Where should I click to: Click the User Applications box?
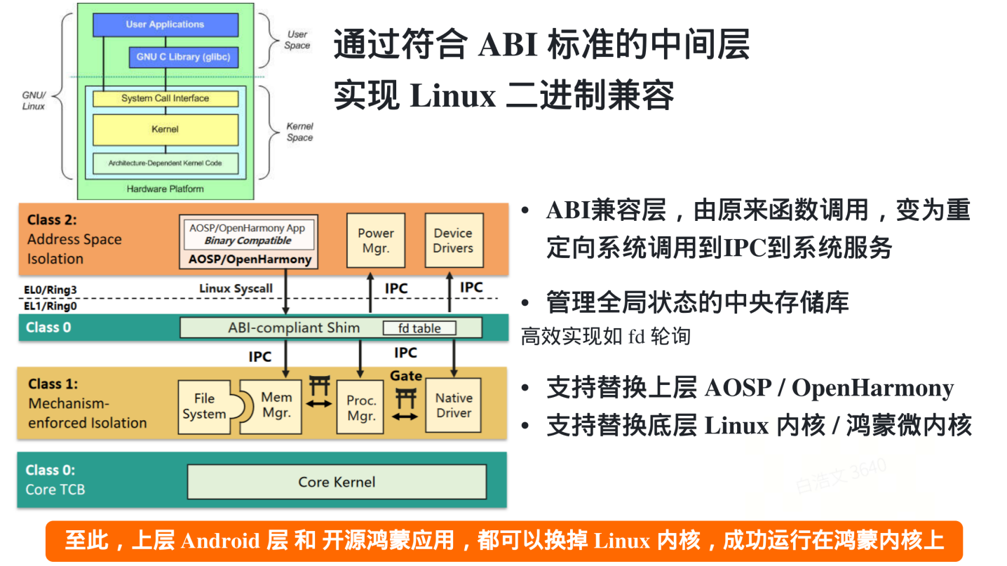click(x=165, y=25)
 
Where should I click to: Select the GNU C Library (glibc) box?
click(x=183, y=57)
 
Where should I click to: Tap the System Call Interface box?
click(x=165, y=98)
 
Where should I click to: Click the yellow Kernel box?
click(x=165, y=129)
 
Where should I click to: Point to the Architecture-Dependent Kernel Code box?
click(x=165, y=163)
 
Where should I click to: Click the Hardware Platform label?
click(x=165, y=189)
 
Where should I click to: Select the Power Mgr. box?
click(x=376, y=241)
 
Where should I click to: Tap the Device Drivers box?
click(x=454, y=241)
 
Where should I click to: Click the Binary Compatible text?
click(x=248, y=241)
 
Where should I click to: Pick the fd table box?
click(x=419, y=328)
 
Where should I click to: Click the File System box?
click(x=205, y=407)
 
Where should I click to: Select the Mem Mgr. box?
click(x=276, y=405)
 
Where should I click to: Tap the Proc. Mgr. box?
click(x=361, y=407)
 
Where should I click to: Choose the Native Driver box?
click(x=454, y=405)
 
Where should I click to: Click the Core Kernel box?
click(x=337, y=482)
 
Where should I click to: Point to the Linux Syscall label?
click(x=236, y=288)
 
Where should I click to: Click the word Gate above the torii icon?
click(x=406, y=376)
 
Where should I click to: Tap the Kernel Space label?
click(x=299, y=132)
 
